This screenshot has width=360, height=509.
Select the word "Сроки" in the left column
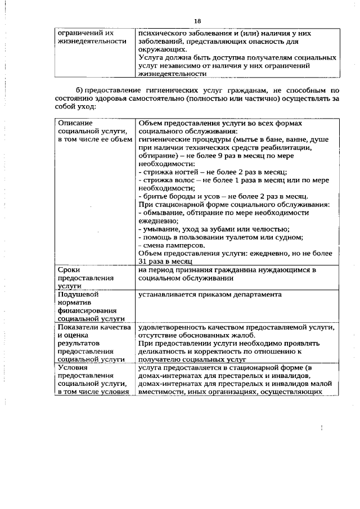tap(69, 270)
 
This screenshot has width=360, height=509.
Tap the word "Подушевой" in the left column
tap(78, 294)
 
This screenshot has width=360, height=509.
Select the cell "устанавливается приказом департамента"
tap(210, 294)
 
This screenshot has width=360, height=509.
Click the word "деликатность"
tap(163, 352)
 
